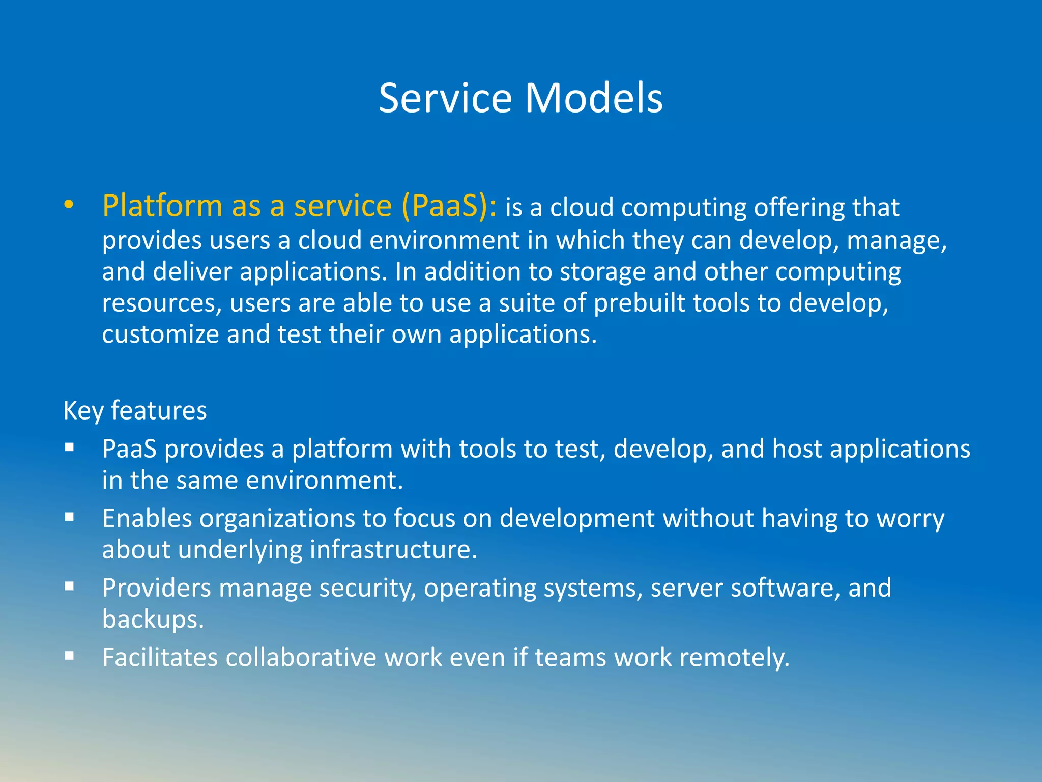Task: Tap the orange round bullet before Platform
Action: click(69, 205)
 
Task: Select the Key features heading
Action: click(135, 410)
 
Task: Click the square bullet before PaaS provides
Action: click(70, 448)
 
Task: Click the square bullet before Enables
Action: click(70, 518)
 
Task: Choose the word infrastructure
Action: click(393, 550)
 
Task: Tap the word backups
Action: click(153, 620)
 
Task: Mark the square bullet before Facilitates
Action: click(70, 657)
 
